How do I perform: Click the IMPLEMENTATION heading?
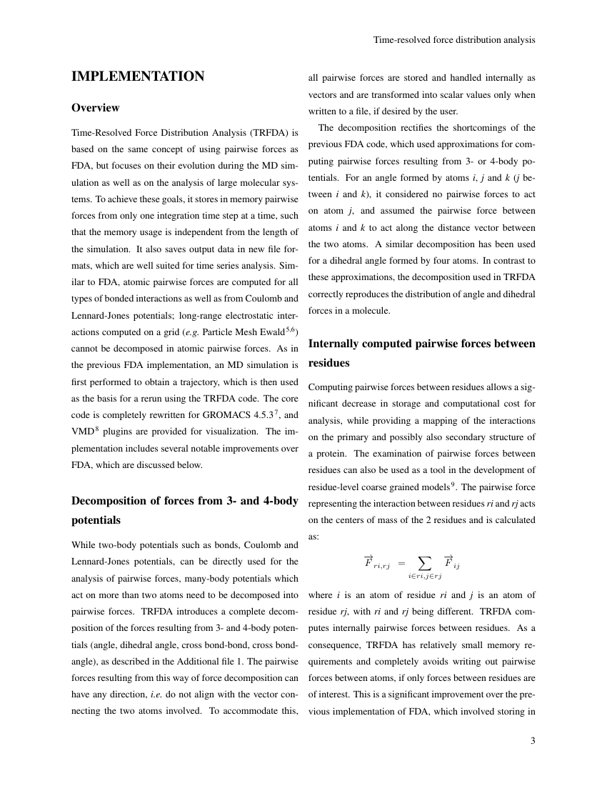tap(138, 76)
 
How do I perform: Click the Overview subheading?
tap(96, 108)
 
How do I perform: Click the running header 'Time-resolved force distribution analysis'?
tap(454, 40)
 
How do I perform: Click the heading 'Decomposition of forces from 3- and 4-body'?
tap(185, 501)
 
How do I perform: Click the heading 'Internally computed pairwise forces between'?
tap(421, 344)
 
